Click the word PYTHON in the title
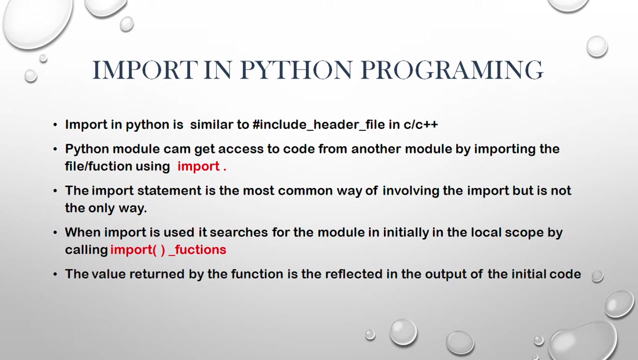(x=296, y=70)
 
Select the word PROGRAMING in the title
(x=452, y=70)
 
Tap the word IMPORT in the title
(x=145, y=70)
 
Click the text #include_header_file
(x=318, y=124)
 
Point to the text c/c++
(x=420, y=124)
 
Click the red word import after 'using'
(x=198, y=166)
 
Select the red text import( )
(x=138, y=250)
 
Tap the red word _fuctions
(x=197, y=250)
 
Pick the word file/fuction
(x=98, y=166)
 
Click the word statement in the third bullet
(x=169, y=190)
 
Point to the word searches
(x=238, y=232)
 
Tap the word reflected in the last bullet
(x=353, y=274)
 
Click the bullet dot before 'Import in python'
(x=55, y=125)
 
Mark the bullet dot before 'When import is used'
(x=55, y=232)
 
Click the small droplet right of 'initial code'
(x=597, y=276)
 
